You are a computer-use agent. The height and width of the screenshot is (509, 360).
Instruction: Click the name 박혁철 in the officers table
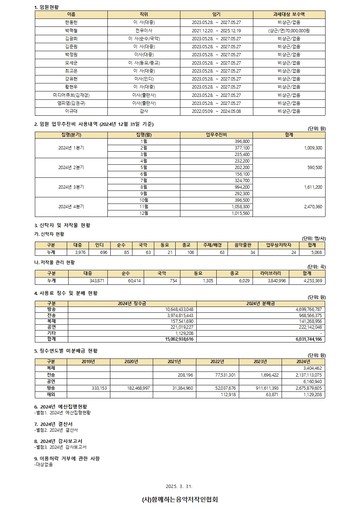coord(71,30)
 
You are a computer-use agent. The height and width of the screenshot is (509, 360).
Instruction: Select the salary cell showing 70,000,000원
coord(289,30)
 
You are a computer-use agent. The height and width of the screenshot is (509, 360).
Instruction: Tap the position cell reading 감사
coord(144,111)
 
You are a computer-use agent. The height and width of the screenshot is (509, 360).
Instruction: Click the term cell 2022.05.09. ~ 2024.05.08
coord(216,111)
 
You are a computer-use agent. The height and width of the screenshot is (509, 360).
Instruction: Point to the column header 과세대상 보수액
coord(289,15)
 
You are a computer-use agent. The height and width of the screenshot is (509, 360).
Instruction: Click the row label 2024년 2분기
coord(71,168)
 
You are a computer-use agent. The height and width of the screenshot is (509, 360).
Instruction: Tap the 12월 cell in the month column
coord(144,213)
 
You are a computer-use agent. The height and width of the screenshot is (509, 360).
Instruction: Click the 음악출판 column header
coord(243,245)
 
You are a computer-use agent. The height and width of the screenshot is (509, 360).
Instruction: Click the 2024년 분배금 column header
coord(261,304)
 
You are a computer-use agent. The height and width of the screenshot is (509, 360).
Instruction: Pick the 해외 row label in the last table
coord(51,395)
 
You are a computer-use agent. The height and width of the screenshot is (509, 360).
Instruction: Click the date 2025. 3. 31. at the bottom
coord(179,487)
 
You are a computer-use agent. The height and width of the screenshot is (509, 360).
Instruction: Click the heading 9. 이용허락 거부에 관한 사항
coord(67,459)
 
